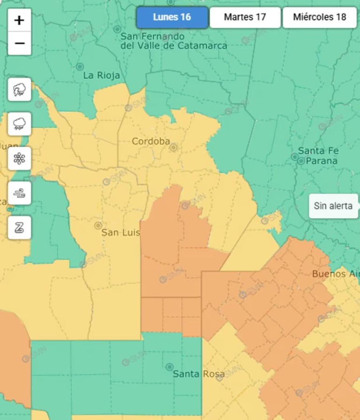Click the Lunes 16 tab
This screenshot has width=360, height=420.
[172, 17]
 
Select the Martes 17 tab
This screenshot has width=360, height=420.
[245, 17]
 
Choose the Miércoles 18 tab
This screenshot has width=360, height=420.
[319, 17]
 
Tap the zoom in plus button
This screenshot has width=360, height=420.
[19, 20]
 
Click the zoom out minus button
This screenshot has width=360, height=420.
[19, 44]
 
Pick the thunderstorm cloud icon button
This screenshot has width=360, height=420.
[19, 89]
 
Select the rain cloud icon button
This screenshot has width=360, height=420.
[19, 124]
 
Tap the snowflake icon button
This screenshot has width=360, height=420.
[19, 159]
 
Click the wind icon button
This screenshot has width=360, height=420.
[19, 193]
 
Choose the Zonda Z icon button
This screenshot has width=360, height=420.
[19, 228]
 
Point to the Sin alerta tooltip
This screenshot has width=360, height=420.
[333, 206]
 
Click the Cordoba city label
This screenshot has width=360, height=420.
[150, 141]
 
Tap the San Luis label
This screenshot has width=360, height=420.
[121, 232]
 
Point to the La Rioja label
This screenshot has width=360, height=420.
[101, 75]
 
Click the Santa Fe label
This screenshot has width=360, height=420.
[318, 151]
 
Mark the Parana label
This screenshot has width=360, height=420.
[322, 160]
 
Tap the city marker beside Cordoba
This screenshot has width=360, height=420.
[173, 147]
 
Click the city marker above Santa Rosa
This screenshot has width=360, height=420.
[169, 367]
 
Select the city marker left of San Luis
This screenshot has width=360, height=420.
[98, 226]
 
